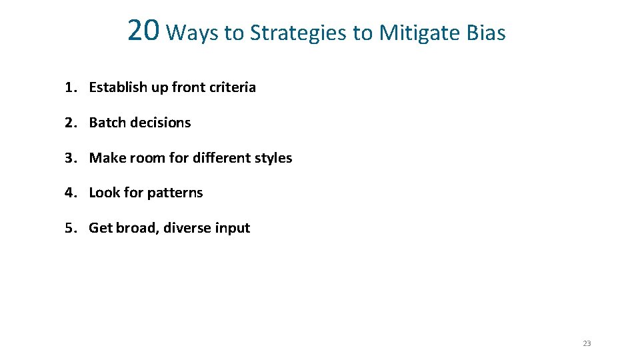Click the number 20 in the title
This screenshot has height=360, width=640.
click(143, 30)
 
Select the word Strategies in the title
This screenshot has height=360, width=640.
click(301, 33)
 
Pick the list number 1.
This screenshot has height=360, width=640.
click(69, 87)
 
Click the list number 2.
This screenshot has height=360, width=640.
click(69, 123)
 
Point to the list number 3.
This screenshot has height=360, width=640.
click(69, 158)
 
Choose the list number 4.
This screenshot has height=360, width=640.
click(69, 193)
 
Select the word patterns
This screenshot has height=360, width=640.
click(175, 193)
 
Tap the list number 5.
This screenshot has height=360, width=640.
click(69, 228)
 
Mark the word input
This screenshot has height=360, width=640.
click(233, 229)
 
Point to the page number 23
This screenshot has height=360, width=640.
click(587, 344)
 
